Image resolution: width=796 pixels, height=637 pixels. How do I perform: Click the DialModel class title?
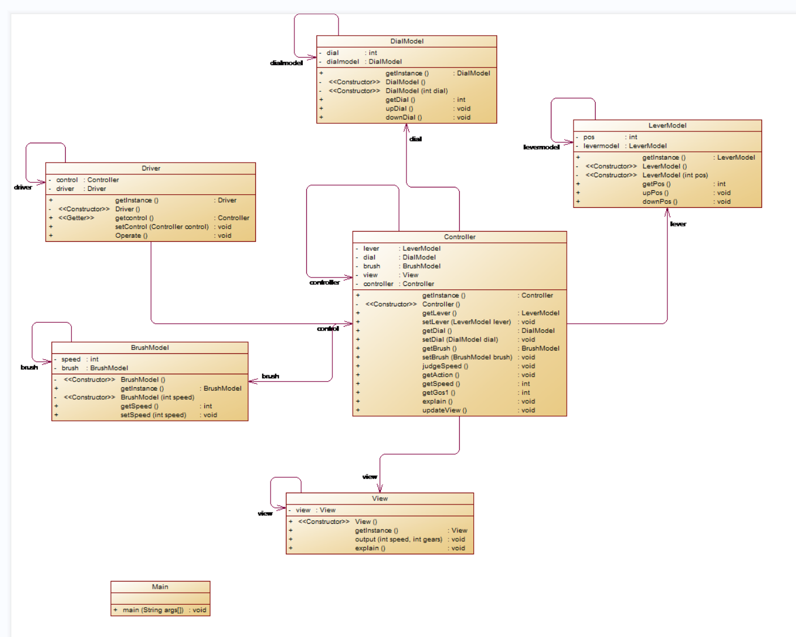coord(406,41)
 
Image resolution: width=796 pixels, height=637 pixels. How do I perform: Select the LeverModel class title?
coord(667,126)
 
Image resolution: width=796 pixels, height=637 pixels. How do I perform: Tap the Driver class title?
coord(151,168)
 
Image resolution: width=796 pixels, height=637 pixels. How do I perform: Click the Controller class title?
coord(459,237)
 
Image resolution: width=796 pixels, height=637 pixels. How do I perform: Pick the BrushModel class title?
coord(149,348)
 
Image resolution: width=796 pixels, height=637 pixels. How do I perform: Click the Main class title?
coord(160,587)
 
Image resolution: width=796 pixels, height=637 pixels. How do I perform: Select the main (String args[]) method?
coord(153,610)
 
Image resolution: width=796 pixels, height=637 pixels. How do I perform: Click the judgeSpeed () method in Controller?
coord(445,366)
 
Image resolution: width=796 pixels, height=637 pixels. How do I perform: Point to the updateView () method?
coord(444,411)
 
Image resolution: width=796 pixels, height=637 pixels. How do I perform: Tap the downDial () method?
coord(404,118)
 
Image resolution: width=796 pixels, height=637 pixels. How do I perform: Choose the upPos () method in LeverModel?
coord(655,193)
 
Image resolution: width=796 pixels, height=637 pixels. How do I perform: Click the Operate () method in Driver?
coord(131,236)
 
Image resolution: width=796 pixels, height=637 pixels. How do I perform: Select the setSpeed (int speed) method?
coord(153,415)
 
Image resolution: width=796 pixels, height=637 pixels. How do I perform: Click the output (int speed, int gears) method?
coord(399,540)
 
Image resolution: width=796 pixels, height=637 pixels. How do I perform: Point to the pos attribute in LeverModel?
coord(589,137)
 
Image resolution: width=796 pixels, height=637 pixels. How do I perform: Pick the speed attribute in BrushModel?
coord(71,360)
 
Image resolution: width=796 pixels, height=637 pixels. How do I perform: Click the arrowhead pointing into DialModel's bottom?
coord(406,127)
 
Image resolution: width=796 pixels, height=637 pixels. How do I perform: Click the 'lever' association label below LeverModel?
coord(678,224)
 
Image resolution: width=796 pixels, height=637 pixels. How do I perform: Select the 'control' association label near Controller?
coord(328,328)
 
